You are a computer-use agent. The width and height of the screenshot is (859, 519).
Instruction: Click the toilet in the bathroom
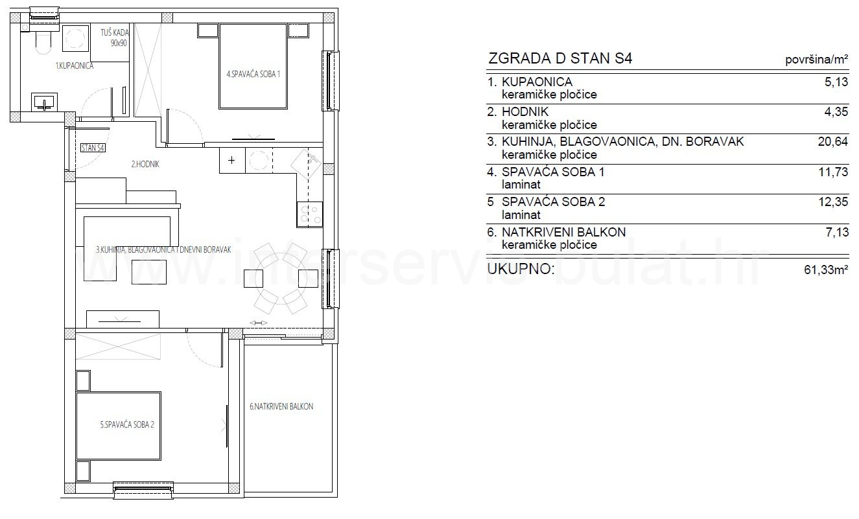(42, 41)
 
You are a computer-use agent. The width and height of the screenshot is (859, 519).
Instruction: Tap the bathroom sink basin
(45, 102)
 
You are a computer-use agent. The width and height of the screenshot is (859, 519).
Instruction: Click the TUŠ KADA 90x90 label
(115, 38)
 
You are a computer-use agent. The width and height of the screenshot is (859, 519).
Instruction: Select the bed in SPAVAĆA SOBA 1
(253, 66)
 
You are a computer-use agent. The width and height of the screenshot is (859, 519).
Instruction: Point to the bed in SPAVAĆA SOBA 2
(119, 426)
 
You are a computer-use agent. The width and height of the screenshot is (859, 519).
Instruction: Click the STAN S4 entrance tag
(93, 148)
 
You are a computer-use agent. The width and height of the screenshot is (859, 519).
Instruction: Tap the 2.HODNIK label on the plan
(145, 164)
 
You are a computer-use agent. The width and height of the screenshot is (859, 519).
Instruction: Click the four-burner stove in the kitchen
(309, 214)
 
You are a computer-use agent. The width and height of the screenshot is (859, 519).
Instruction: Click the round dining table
(281, 278)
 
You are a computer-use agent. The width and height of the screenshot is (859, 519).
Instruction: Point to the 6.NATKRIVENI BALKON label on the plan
(281, 406)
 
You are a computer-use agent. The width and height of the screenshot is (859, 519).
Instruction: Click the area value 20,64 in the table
(832, 141)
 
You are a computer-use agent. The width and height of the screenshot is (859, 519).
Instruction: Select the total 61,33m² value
(826, 270)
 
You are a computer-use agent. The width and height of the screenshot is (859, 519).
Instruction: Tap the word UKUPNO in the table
(521, 269)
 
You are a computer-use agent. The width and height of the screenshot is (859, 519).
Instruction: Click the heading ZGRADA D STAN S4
(560, 58)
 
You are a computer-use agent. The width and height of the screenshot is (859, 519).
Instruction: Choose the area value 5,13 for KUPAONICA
(836, 82)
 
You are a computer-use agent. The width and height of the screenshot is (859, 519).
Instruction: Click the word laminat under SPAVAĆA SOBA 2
(521, 214)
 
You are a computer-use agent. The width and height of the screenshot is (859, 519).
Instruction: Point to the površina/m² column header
(816, 60)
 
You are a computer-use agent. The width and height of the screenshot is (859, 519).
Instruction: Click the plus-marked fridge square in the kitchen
(232, 160)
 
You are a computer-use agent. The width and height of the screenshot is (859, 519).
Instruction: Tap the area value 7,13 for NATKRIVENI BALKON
(837, 232)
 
